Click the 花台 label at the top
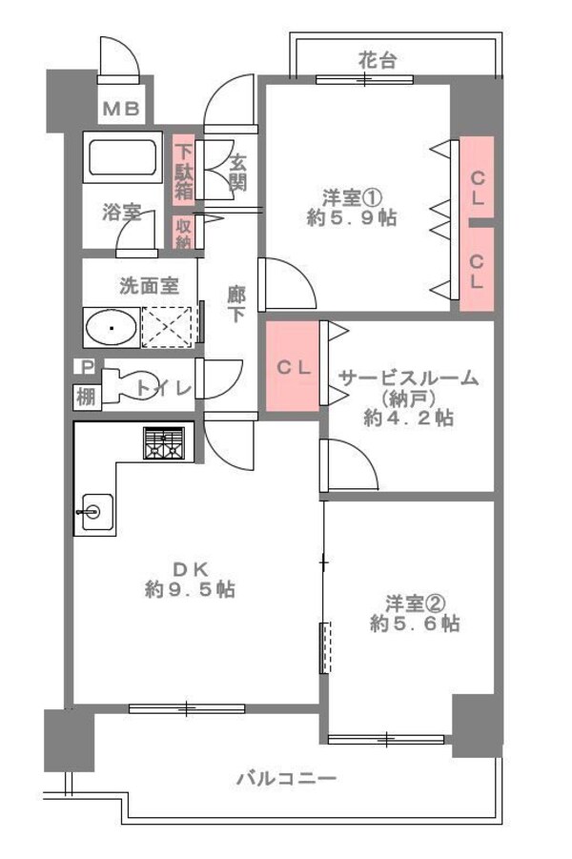pyautogui.click(x=377, y=60)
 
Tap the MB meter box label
pyautogui.click(x=121, y=109)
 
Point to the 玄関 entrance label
pyautogui.click(x=237, y=166)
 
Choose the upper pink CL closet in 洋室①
pyautogui.click(x=477, y=178)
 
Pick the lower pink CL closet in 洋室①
pyautogui.click(x=477, y=269)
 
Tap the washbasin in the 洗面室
pyautogui.click(x=112, y=328)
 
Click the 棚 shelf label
pyautogui.click(x=86, y=397)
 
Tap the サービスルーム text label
pyautogui.click(x=407, y=378)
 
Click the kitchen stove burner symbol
pyautogui.click(x=168, y=443)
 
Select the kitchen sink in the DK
pyautogui.click(x=94, y=511)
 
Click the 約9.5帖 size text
pyautogui.click(x=190, y=589)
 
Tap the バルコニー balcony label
pyautogui.click(x=286, y=779)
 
